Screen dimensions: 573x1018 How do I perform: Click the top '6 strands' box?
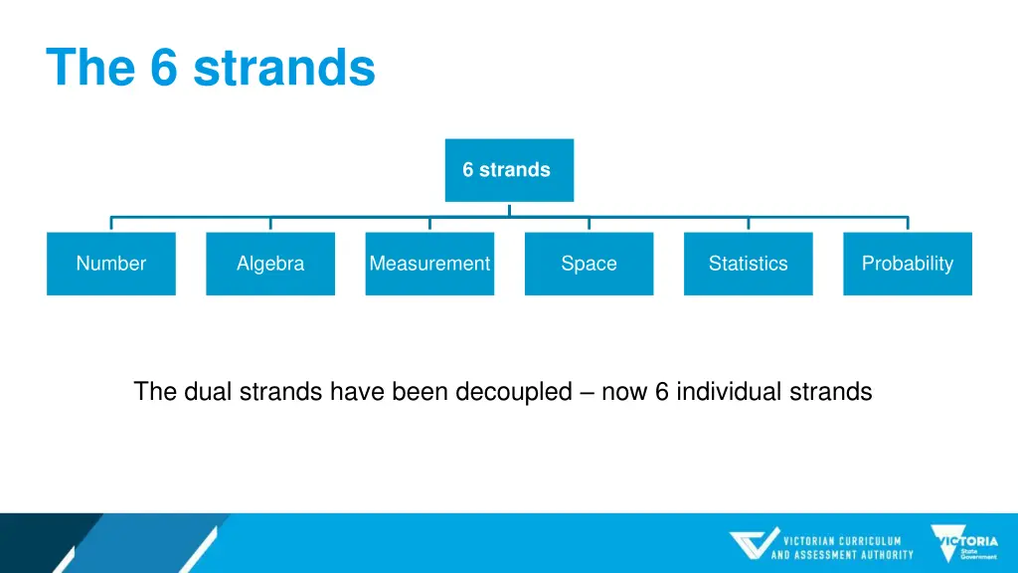coord(508,170)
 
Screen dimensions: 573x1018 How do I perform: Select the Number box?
coord(110,264)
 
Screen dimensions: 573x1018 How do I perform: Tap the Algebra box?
coord(270,264)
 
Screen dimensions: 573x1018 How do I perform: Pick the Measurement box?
coord(429,264)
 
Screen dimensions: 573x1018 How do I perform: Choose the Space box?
coord(589,264)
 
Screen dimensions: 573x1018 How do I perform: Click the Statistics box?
coord(748,264)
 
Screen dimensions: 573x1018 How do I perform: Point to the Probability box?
coord(907,264)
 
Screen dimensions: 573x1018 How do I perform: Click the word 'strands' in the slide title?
coord(284,68)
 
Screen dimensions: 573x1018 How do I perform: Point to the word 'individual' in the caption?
coord(734,392)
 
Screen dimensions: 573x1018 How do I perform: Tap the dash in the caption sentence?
coord(586,392)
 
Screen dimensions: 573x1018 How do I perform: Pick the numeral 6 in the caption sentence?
coord(661,392)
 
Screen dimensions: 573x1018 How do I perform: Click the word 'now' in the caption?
coord(623,392)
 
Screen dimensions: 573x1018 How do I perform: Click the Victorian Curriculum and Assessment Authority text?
coord(842,548)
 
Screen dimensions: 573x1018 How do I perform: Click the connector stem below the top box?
coord(509,209)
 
